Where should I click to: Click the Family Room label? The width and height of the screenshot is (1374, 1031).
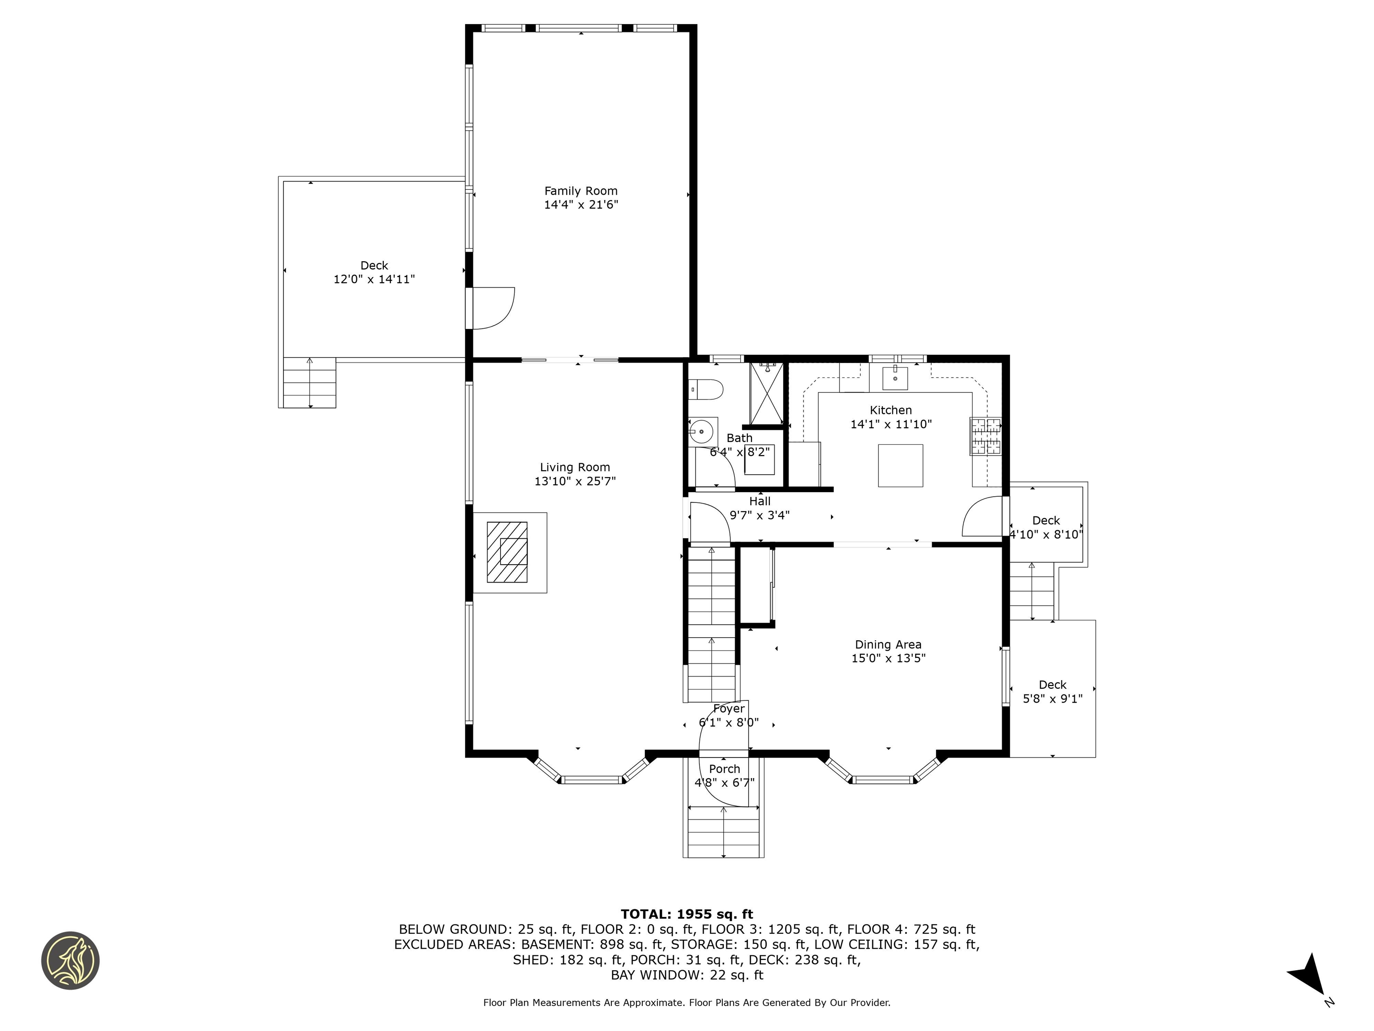coord(581,191)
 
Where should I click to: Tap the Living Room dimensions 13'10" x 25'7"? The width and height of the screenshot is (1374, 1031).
coord(575,481)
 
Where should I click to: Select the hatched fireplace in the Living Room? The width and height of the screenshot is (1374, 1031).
coord(507,552)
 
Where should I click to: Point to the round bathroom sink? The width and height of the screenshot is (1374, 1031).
coord(701,430)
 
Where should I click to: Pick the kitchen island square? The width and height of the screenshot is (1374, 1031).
coord(900,465)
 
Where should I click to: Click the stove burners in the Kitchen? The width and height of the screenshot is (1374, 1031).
coord(986,436)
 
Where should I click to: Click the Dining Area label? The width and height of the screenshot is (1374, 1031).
coord(888,644)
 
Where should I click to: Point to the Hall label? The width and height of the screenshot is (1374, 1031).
coord(759,501)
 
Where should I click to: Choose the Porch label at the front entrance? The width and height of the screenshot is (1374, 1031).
coord(724,769)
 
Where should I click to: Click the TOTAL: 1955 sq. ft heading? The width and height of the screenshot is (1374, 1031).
coord(687,914)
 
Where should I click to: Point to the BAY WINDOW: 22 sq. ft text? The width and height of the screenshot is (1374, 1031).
coord(687,975)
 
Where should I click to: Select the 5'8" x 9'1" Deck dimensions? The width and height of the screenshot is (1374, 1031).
coord(1053,699)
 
